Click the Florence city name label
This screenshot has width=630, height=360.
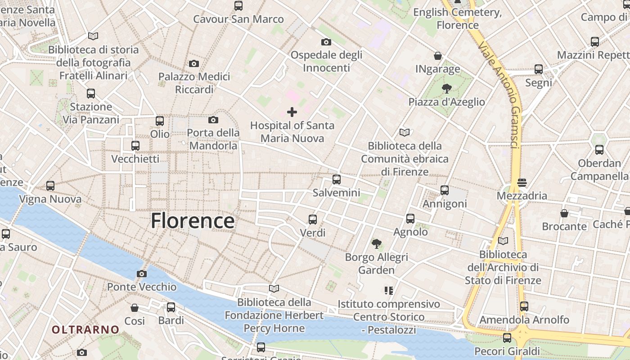pos(193,221)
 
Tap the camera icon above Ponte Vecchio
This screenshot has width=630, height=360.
pos(142,274)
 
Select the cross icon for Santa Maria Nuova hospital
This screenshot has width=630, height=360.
pos(292,112)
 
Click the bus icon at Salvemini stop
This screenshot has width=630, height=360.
pos(336,180)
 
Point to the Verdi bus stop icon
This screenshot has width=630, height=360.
pos(313,220)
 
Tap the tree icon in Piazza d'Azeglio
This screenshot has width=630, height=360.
pos(446,88)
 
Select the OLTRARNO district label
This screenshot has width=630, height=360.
pos(85,330)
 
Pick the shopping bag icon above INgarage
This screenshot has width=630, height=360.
pos(437,56)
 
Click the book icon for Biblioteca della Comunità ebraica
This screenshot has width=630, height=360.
pos(405,132)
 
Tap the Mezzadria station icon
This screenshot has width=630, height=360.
pos(522,183)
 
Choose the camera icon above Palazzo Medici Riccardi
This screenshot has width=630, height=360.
pos(194,63)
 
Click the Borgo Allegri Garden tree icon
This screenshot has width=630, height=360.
pos(376,244)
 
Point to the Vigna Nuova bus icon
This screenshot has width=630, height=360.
pos(50,185)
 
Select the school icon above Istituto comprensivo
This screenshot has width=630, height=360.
pos(388,291)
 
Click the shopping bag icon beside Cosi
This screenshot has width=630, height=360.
pos(135,308)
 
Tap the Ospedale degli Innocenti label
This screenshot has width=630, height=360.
pos(326,61)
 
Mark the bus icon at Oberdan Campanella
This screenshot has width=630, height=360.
pos(599,150)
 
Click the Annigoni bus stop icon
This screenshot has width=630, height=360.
pos(445,190)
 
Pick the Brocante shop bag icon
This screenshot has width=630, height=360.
pos(564,213)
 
